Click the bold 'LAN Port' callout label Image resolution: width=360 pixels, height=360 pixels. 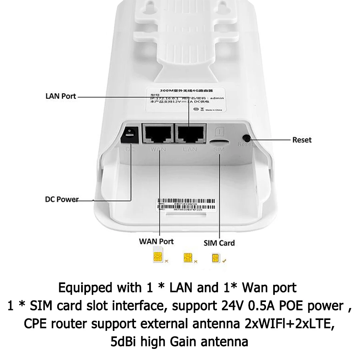pyautogui.click(x=60, y=96)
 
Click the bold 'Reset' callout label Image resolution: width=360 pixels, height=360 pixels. pyautogui.click(x=302, y=140)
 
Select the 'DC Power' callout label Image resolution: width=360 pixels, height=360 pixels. pyautogui.click(x=62, y=199)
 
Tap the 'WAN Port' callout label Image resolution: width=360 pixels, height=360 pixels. pyautogui.click(x=156, y=242)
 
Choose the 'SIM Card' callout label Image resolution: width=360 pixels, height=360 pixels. pyautogui.click(x=219, y=243)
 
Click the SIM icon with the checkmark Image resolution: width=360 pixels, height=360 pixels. pyautogui.click(x=216, y=258)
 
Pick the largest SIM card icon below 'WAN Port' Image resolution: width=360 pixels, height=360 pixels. pyautogui.click(x=157, y=257)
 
